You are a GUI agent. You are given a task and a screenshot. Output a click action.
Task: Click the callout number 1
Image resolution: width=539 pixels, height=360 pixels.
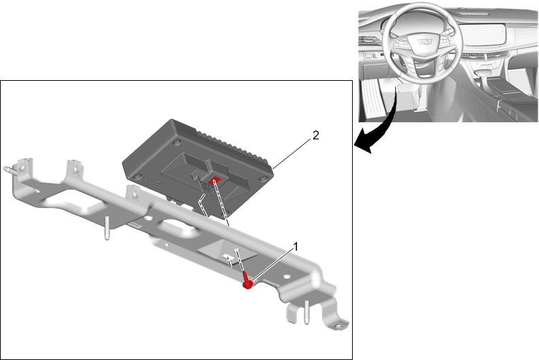296,247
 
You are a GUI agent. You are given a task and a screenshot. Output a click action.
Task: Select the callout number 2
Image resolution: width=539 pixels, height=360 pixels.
315,135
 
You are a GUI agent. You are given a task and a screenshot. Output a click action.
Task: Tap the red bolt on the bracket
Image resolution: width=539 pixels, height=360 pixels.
247,281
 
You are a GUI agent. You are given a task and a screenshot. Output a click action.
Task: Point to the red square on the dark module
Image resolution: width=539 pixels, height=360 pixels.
215,181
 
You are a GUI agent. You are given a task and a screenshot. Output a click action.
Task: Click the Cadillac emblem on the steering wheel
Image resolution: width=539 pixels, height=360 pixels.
425,41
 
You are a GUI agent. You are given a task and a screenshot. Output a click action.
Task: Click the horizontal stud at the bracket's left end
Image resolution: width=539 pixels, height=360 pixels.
10,169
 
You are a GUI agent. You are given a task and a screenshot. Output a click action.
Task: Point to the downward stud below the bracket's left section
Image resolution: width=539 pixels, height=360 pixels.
107,228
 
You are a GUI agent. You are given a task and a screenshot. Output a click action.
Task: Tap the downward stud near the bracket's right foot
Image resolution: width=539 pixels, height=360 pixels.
306,312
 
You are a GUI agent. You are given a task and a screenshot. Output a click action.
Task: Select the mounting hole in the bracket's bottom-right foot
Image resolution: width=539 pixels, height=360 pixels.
338,326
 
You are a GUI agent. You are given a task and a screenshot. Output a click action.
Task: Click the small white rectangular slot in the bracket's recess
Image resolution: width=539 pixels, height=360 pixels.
227,256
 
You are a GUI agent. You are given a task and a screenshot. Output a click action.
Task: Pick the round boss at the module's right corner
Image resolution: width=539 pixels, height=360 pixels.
264,179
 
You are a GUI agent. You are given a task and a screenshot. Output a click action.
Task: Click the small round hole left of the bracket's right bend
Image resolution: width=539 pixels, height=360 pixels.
286,276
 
